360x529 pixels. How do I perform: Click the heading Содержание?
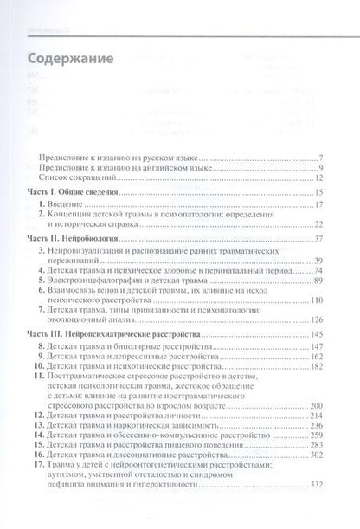click(x=70, y=61)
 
